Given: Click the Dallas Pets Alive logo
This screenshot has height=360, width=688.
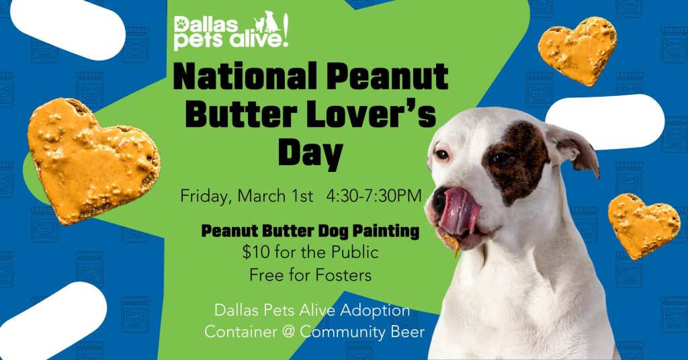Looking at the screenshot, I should click(231, 31).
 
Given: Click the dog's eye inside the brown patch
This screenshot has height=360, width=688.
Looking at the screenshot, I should click(500, 158).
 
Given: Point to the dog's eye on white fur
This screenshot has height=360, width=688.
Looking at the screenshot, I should click(441, 154).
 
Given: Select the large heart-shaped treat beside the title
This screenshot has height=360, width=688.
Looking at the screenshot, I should click(93, 159).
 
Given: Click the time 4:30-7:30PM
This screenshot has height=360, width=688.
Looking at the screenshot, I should click(374, 196).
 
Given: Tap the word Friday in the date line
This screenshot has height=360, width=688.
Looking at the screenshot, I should click(204, 197).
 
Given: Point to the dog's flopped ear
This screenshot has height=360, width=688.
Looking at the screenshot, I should click(573, 144).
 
